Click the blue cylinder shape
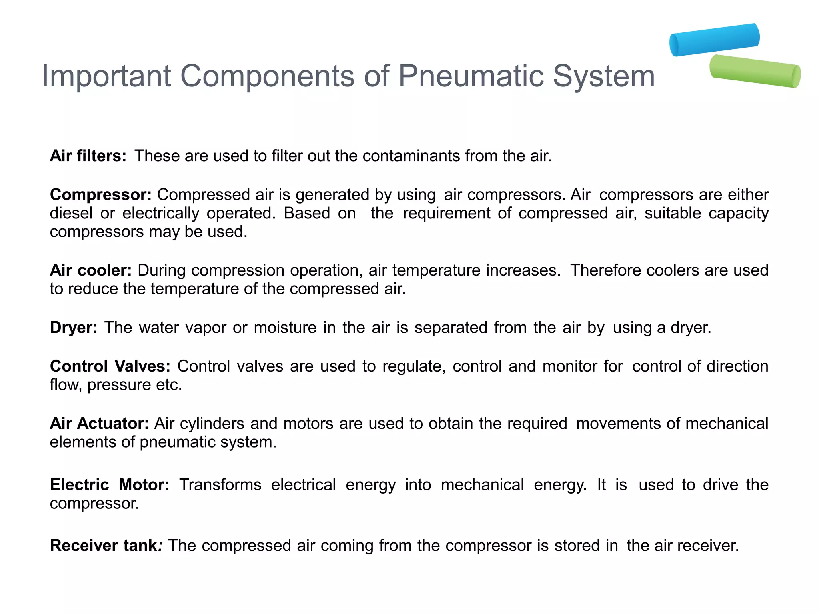coord(715,40)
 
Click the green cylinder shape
coord(755,71)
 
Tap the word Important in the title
coord(106,76)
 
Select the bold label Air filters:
coord(88,156)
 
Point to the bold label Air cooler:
coord(91,270)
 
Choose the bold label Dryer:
coord(74,328)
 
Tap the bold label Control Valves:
coord(110,366)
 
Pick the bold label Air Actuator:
coord(99,423)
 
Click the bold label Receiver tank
coord(104,546)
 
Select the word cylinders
coord(212,423)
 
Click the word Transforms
coord(220,484)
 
